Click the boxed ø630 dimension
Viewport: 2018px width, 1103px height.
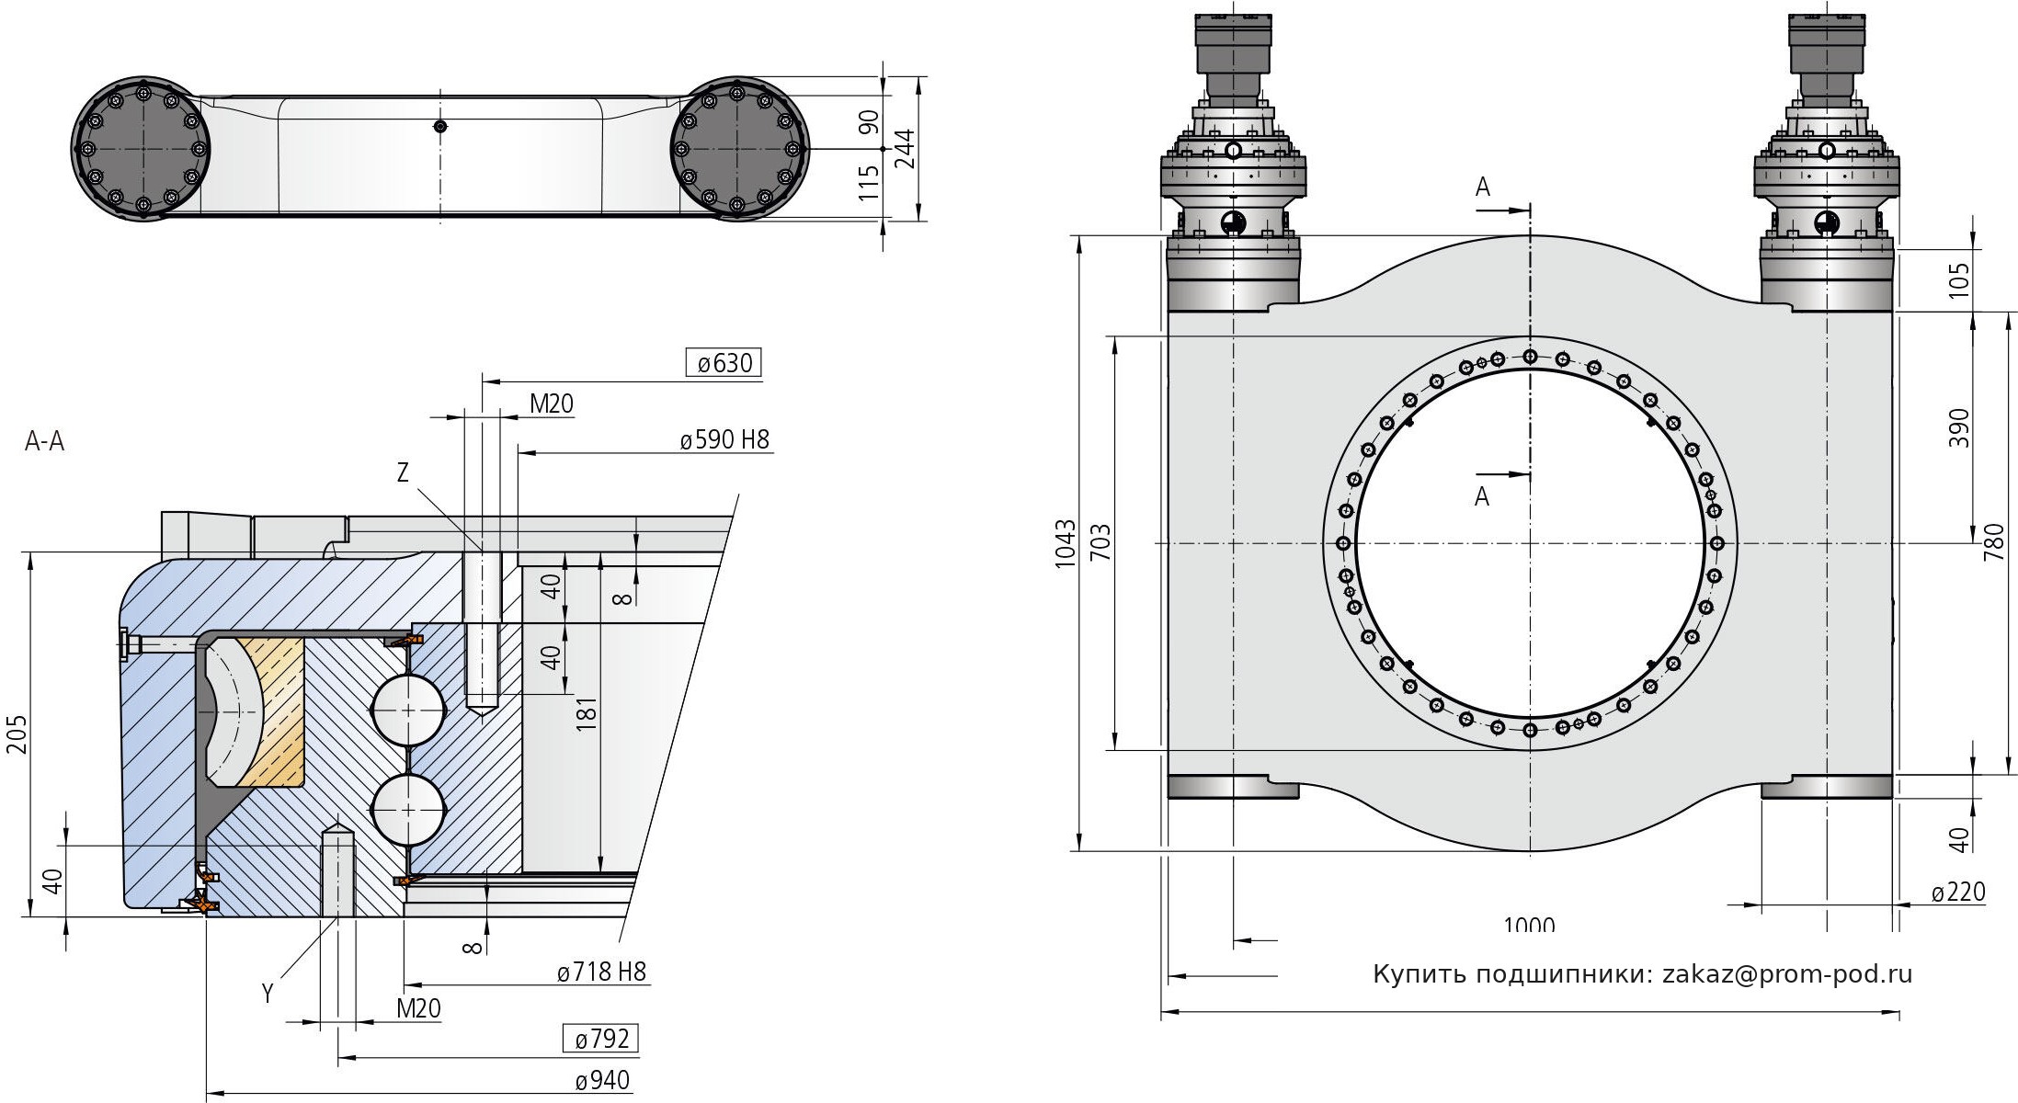[x=724, y=364]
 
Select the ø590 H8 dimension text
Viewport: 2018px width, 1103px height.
[x=724, y=440]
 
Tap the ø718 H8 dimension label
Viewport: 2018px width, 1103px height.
[x=601, y=972]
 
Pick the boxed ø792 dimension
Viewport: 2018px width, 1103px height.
[x=601, y=1040]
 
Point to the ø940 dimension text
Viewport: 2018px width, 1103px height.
[x=602, y=1080]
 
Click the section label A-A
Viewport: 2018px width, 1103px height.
[x=44, y=442]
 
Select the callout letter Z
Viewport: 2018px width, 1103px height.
[x=403, y=472]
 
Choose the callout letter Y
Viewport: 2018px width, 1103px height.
[x=268, y=994]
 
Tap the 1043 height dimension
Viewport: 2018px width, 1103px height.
[x=1065, y=543]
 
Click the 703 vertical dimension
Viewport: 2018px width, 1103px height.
[x=1101, y=543]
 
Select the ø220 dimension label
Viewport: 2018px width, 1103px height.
[x=1957, y=893]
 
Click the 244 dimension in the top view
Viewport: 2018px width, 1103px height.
[x=906, y=148]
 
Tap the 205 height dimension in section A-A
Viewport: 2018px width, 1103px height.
[x=17, y=734]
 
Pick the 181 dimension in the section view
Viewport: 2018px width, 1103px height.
[x=587, y=713]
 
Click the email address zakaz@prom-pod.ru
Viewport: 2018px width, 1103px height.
[x=1787, y=974]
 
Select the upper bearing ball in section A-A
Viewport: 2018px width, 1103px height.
[x=406, y=710]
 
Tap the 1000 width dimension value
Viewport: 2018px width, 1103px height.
[x=1529, y=924]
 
